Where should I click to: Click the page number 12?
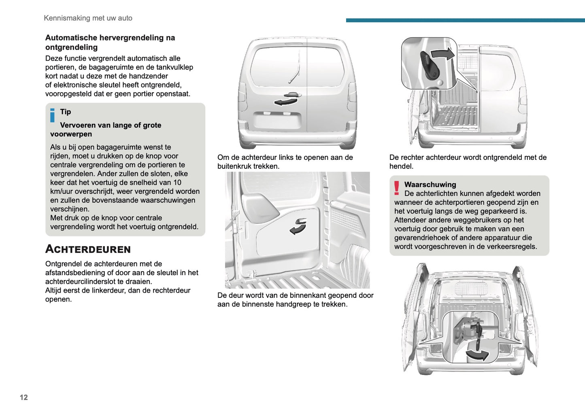24,397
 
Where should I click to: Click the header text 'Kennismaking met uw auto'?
88,18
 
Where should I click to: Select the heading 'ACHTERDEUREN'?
88,249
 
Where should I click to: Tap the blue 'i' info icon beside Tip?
52,115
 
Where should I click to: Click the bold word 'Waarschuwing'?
430,185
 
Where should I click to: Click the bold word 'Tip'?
66,112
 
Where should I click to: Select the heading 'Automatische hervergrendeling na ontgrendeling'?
110,42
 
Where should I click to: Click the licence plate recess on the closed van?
277,121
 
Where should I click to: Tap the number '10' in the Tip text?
177,183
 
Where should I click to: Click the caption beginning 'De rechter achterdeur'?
468,161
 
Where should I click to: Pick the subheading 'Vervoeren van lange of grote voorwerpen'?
106,130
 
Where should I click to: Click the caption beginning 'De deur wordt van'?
295,299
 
